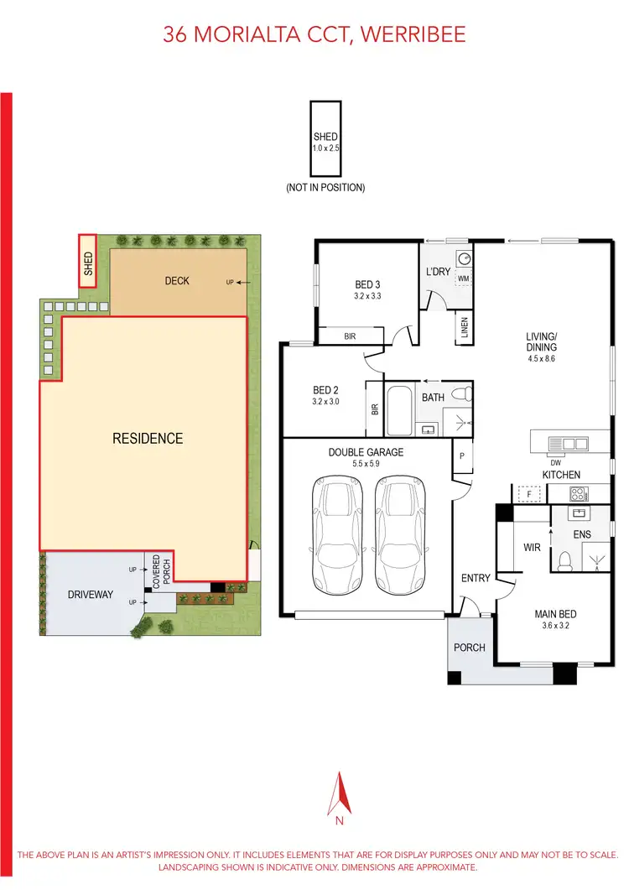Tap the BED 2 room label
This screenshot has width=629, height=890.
(x=325, y=390)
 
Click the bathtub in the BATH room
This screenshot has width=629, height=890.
(x=399, y=410)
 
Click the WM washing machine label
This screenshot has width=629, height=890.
(x=462, y=277)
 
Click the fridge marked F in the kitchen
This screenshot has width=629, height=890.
(x=526, y=495)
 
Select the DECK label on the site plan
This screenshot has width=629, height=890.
(x=177, y=281)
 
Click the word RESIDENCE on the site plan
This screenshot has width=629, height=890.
(x=148, y=439)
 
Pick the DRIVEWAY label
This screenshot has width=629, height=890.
(x=91, y=595)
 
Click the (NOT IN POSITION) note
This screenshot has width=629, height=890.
(x=325, y=188)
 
